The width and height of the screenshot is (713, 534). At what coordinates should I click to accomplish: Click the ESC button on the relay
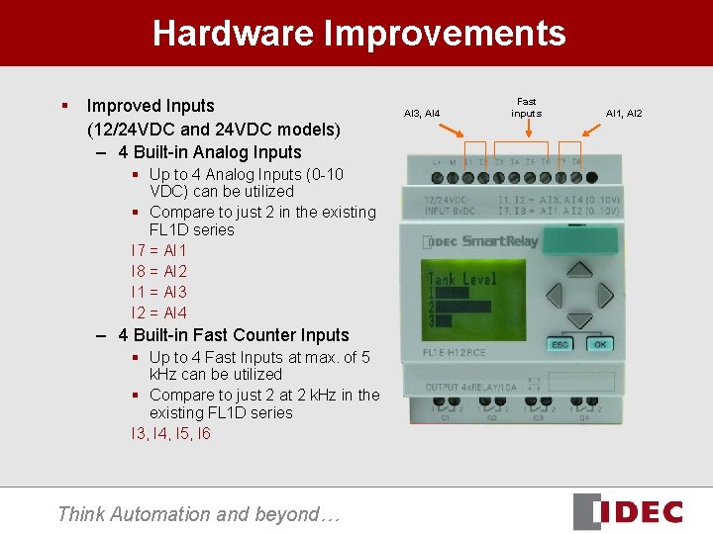[560, 344]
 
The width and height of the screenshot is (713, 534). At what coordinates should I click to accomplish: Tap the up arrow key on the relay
[578, 274]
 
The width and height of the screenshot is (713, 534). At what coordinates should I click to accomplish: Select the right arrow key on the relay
[602, 297]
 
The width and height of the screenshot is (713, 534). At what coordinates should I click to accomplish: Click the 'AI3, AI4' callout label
[422, 114]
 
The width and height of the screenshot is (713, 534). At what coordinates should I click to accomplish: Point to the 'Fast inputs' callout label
[526, 107]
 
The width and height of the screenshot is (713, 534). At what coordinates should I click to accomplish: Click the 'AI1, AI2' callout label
[624, 114]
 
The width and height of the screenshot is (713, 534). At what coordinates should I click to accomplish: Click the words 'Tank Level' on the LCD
[463, 279]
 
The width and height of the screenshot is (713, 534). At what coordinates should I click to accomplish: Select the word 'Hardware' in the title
[233, 34]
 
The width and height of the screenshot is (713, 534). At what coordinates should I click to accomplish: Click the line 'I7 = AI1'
[158, 250]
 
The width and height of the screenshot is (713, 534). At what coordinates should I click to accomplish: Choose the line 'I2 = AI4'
[158, 312]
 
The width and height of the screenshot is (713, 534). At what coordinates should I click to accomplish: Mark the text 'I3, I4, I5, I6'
[170, 433]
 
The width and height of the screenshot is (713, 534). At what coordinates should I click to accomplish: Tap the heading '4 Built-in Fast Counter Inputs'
[233, 335]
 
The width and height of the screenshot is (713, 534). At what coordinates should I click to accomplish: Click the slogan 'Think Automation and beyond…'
[198, 513]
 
